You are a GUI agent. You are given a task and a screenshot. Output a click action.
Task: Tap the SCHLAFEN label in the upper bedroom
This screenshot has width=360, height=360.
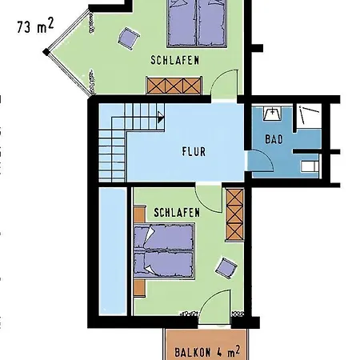[174, 60]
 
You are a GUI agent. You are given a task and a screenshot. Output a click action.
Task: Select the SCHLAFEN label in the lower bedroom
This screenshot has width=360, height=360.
[172, 213]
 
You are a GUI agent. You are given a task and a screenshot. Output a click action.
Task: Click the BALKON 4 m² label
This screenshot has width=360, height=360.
[207, 350]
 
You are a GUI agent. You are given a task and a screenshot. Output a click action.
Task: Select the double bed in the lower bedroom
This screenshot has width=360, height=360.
[165, 250]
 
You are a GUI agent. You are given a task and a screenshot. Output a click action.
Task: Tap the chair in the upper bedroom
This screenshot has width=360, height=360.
[127, 37]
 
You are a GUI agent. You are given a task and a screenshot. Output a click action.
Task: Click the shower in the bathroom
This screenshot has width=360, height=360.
[306, 115]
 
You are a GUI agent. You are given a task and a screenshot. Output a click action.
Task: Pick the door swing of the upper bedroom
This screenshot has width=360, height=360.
[229, 83]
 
